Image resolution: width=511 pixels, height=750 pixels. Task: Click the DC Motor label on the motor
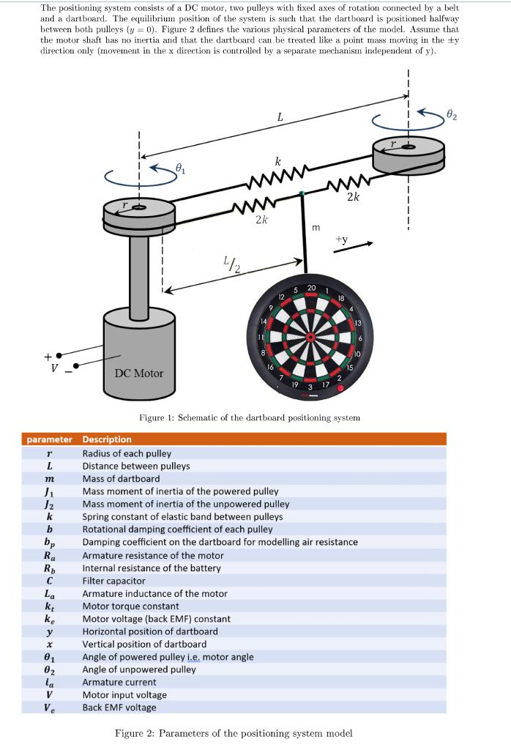[x=139, y=373]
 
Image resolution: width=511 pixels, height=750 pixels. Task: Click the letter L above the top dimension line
[x=280, y=116]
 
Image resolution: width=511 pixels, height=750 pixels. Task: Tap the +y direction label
[x=342, y=239]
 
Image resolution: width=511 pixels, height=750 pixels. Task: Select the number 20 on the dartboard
[x=311, y=287]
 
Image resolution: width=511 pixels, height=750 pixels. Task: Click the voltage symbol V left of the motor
[x=52, y=367]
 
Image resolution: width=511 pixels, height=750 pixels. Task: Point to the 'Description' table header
[x=107, y=439]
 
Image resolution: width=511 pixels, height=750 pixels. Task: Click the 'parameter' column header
[x=50, y=439]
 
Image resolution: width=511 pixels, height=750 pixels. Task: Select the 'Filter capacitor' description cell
[x=113, y=581]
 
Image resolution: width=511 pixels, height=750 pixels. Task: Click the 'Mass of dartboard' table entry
[x=121, y=478]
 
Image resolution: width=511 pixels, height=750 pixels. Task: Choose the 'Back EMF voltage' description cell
[x=119, y=708]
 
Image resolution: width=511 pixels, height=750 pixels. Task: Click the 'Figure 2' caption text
[x=234, y=733]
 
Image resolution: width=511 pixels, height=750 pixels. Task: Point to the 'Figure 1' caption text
[x=250, y=417]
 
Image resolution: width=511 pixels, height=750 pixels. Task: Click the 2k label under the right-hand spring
[x=353, y=196]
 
